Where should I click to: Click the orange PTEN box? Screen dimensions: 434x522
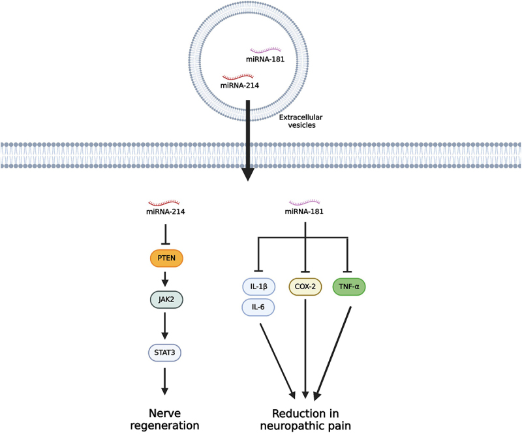[166, 259]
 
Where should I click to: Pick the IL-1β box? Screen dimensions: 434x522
[258, 286]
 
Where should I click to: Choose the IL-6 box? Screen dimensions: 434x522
[258, 306]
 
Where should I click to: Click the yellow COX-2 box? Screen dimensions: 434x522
[305, 286]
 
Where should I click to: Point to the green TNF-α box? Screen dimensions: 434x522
[349, 286]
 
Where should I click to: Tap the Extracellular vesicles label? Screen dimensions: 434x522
[297, 122]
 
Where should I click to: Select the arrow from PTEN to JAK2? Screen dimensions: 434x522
[165, 279]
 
